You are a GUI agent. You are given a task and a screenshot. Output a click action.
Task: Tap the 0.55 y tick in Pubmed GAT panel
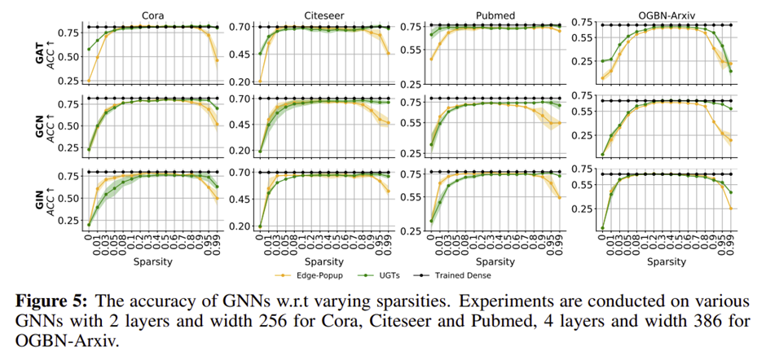coord(411,50)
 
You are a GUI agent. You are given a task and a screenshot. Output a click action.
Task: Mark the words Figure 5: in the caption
coord(52,301)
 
